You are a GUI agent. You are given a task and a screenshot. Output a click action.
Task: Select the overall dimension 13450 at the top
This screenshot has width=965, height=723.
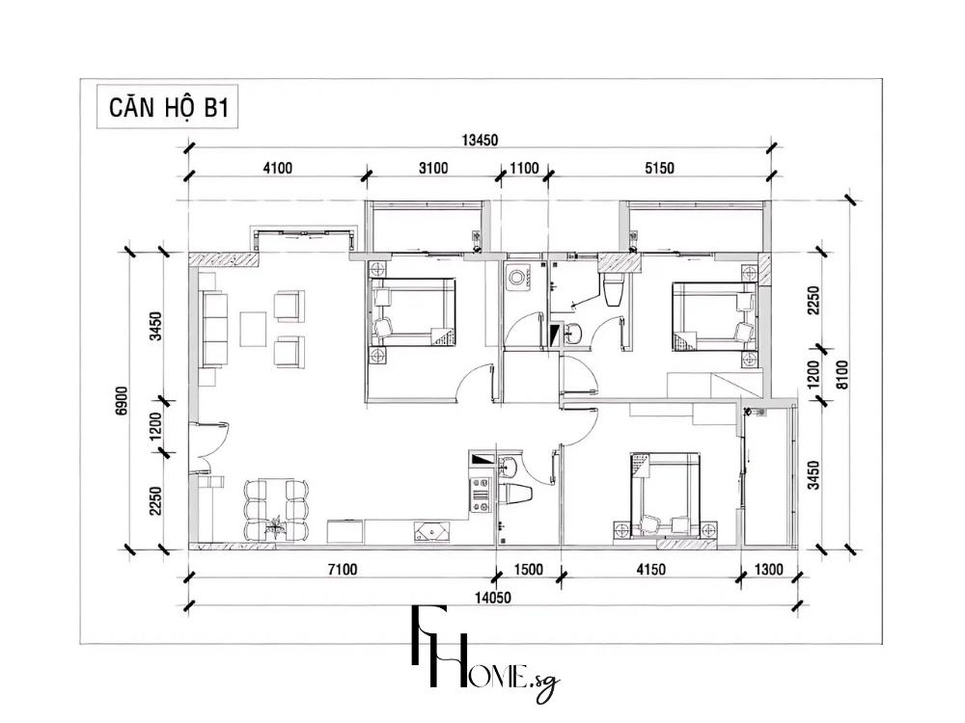pos(479,140)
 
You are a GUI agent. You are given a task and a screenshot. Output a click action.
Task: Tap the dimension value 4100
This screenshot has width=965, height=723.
pos(276,168)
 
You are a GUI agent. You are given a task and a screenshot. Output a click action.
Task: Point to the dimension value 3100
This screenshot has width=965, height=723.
pos(433,168)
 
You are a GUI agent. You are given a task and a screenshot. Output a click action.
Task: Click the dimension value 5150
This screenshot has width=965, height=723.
pos(659,168)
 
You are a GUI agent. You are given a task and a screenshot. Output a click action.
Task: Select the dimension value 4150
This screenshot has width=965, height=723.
pos(650,570)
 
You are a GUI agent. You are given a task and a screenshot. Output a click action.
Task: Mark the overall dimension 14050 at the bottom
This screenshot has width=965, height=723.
pos(491,598)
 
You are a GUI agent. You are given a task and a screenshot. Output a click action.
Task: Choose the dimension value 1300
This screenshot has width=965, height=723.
pos(769,570)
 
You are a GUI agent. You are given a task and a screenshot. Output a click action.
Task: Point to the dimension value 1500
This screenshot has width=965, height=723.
pos(527,570)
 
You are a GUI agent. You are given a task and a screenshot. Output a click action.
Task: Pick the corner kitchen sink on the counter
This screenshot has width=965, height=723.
pos(429,531)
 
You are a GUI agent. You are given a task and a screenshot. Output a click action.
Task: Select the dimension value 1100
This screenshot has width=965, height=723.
pos(523,168)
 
